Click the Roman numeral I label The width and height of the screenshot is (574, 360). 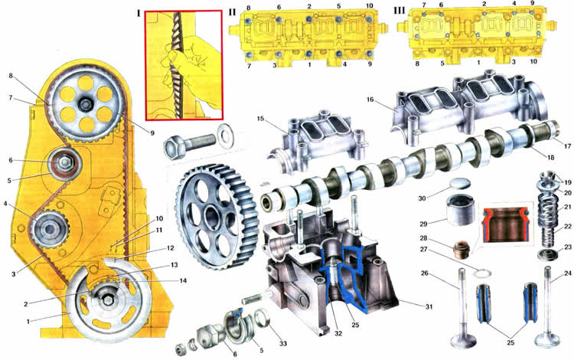pos(139,14)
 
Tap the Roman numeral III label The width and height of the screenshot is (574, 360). pos(399,11)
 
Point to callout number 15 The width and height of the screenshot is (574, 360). pos(260,119)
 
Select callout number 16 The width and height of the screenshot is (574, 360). pos(370,100)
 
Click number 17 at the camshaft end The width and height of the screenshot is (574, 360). pos(567,146)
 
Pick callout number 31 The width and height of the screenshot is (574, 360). pos(429,306)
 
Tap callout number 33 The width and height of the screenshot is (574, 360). pos(283,343)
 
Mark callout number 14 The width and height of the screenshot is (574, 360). pos(183,280)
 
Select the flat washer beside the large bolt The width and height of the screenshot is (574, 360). pos(226,137)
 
